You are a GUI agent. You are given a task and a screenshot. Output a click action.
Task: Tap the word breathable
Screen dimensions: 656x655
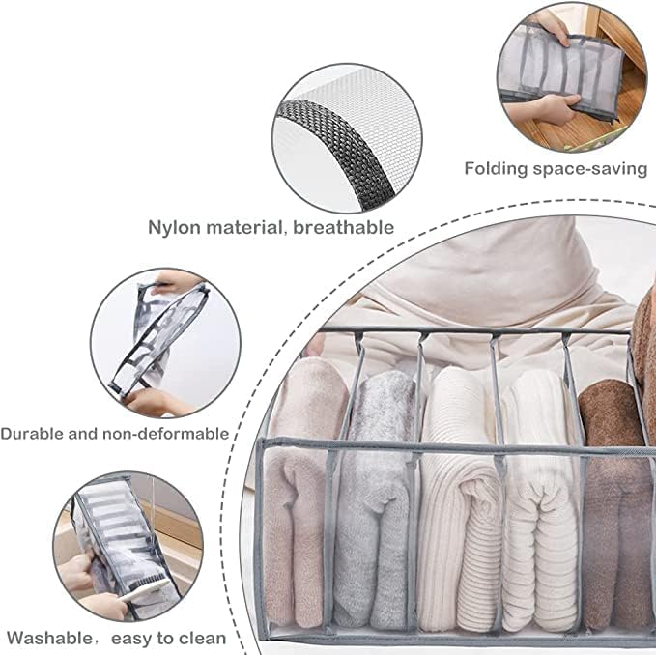pos(344,228)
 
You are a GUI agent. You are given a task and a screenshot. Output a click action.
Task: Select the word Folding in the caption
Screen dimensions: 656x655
pos(496,169)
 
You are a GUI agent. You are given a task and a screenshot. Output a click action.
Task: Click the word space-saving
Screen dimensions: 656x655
pos(590,169)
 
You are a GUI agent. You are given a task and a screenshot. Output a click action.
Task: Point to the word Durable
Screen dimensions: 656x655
pos(33,434)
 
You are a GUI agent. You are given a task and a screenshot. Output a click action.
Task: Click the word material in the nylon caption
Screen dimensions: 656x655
pos(244,228)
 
